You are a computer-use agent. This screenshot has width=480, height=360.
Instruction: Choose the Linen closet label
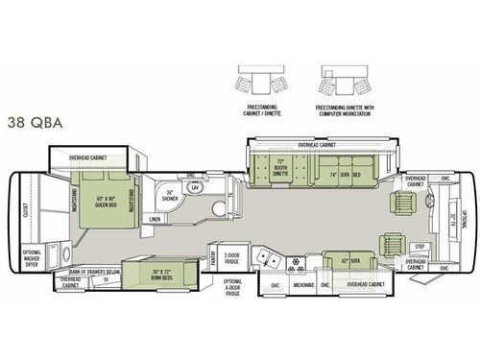point(156,222)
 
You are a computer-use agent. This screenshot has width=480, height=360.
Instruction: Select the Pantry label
point(214,256)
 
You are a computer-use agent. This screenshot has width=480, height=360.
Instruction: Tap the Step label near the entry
point(420,246)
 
